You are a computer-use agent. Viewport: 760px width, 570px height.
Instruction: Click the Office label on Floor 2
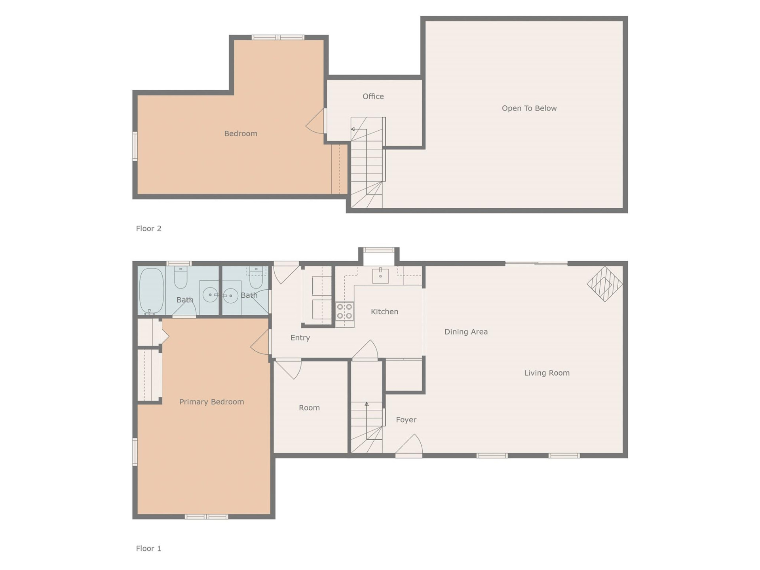point(373,96)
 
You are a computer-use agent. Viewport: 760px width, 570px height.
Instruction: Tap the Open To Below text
point(529,108)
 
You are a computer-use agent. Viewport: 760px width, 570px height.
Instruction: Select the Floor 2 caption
point(148,228)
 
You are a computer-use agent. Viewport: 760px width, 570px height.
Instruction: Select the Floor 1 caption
point(148,548)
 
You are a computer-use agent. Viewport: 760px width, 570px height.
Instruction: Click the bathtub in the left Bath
point(151,291)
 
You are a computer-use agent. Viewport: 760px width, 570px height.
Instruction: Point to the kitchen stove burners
point(344,311)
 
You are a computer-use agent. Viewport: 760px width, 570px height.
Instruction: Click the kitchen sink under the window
point(380,275)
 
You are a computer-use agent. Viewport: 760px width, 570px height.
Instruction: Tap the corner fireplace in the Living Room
point(604,284)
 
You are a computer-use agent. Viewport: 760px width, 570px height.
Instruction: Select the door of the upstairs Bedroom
point(315,121)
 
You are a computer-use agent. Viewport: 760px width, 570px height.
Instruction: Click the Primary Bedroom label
point(211,402)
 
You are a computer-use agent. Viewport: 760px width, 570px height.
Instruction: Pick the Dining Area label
point(466,332)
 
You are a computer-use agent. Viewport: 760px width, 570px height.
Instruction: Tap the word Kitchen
point(384,312)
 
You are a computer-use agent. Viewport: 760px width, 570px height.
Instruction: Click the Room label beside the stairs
point(309,408)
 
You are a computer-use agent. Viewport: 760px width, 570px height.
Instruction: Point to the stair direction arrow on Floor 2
point(353,129)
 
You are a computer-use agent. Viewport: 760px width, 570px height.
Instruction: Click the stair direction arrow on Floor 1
point(367,404)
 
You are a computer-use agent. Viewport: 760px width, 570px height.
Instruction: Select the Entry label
point(300,338)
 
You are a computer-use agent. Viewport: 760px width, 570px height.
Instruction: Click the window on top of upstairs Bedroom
point(278,38)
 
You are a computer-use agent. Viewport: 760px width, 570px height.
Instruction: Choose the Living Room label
point(547,373)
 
